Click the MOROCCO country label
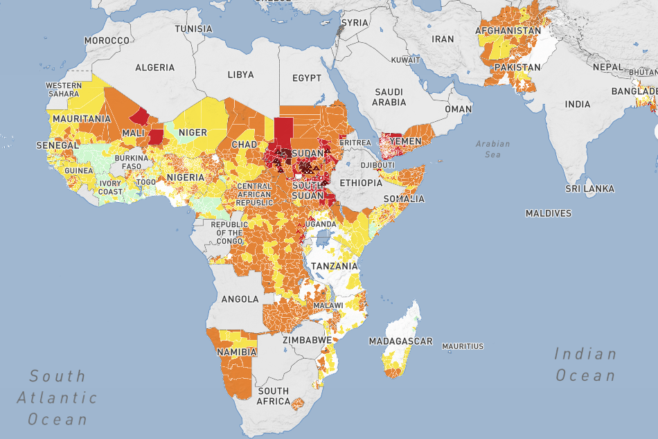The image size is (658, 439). [x=107, y=41]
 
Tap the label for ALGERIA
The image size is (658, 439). [x=155, y=67]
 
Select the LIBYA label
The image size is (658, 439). [x=240, y=74]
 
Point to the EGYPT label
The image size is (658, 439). [x=307, y=78]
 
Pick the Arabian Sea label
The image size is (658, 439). [x=492, y=149]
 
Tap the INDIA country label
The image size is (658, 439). [x=577, y=104]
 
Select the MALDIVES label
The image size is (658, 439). [x=549, y=213]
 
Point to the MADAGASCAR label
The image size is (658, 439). [x=400, y=341]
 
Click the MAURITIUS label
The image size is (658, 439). [x=463, y=346]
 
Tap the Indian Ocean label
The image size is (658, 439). [x=585, y=365]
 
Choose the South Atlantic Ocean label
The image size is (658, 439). [x=57, y=397]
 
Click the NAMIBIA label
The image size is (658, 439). [x=236, y=352]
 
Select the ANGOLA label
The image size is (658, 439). [x=240, y=299]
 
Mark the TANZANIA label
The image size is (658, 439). [x=334, y=266]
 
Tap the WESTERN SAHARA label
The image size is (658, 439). [x=63, y=89]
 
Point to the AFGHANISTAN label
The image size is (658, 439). [x=508, y=31]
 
